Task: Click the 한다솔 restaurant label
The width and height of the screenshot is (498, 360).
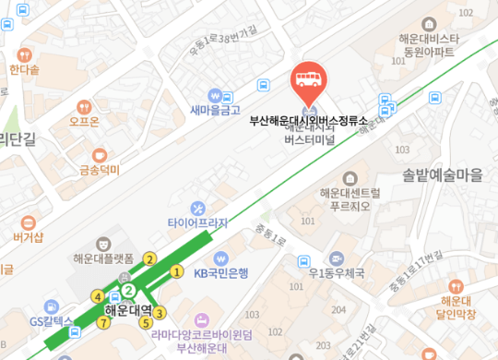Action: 25,69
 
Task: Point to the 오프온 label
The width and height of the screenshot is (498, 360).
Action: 84,120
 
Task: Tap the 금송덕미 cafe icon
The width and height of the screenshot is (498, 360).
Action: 100,154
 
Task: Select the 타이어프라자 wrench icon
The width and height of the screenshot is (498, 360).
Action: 197,208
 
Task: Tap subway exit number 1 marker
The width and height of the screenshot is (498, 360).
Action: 176,271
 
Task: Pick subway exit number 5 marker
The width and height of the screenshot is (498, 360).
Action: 145,322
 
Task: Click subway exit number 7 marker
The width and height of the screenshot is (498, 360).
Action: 104,322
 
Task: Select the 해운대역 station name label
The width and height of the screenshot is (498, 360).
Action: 128,311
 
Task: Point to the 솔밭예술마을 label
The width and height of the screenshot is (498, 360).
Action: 443,173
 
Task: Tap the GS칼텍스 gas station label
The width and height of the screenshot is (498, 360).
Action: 51,321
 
